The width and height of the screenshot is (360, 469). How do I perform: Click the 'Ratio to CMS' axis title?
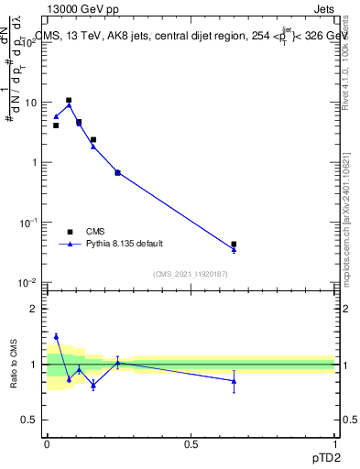15,365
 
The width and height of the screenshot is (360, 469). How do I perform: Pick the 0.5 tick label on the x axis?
191,444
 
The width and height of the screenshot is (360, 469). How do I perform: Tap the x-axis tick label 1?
334,444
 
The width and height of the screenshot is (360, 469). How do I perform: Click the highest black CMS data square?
69,100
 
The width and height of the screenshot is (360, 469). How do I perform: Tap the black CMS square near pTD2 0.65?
234,245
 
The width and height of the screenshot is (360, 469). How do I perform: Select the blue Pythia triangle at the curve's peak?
69,105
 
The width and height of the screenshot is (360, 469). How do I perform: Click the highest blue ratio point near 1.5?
56,336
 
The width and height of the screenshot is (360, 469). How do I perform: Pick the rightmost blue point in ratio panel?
234,381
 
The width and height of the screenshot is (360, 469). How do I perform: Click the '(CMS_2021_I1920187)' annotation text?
190,273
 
